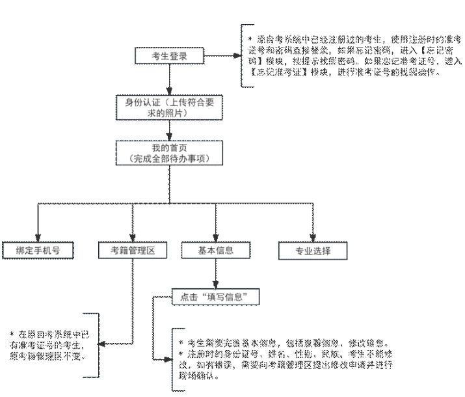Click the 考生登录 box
pos(169,56)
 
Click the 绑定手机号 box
pos(37,250)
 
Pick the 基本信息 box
pos(216,250)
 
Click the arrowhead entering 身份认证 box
pos(169,92)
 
